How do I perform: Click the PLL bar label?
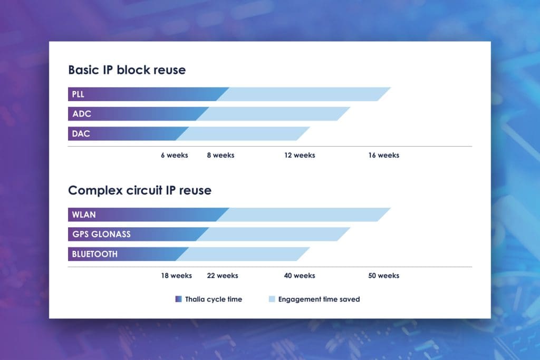click(x=78, y=94)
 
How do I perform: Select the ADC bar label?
click(x=82, y=114)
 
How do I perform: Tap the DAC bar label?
click(x=81, y=133)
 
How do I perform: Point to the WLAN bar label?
click(x=84, y=215)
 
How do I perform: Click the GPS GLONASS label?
click(x=101, y=235)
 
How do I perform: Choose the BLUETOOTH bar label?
click(x=95, y=254)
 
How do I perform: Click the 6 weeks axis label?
click(x=174, y=155)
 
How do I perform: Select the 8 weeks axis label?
click(x=220, y=155)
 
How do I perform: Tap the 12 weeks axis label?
click(x=300, y=155)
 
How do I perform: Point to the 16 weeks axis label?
click(x=384, y=155)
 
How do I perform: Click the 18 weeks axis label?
click(x=176, y=276)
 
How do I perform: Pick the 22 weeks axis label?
click(x=223, y=276)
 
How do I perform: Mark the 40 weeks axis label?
click(x=300, y=276)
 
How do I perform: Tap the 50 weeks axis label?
click(x=384, y=276)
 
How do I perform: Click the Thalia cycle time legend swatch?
click(x=178, y=299)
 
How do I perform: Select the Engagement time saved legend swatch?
click(x=272, y=299)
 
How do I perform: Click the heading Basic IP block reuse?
click(x=127, y=70)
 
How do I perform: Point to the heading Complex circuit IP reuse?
click(x=140, y=190)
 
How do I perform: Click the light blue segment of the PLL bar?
click(x=303, y=94)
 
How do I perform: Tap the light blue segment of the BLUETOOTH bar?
click(x=243, y=254)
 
